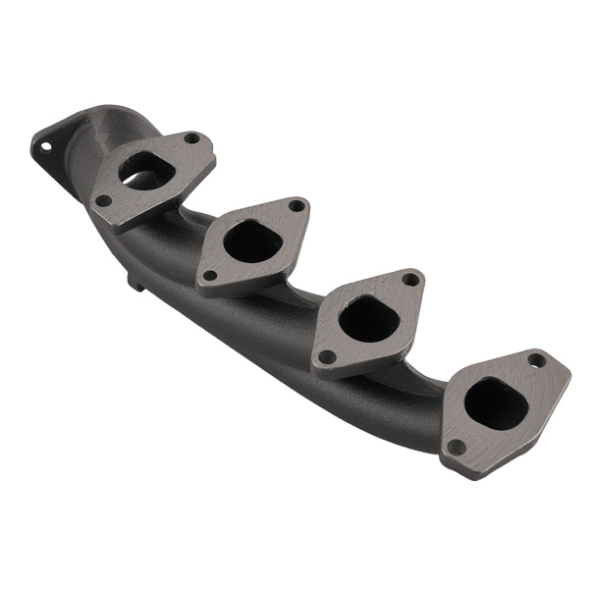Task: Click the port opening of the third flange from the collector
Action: [367, 319]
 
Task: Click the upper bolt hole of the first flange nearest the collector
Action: [191, 138]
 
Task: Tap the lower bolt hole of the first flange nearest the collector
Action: [103, 200]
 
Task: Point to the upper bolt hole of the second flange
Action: [295, 206]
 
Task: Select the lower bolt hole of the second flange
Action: [209, 276]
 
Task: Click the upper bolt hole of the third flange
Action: [410, 280]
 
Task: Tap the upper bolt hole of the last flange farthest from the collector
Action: [536, 360]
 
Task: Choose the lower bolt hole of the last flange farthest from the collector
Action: [455, 447]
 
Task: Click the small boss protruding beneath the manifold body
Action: [135, 284]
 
